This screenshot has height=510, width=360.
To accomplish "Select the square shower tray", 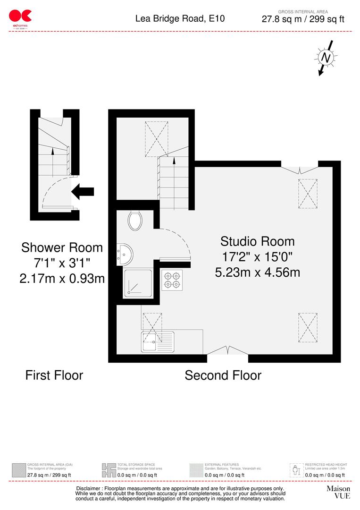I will click(138, 283).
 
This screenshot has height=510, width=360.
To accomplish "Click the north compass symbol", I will click(325, 58).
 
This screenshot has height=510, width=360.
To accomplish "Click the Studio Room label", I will click(257, 241).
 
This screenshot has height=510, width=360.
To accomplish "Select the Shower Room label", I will click(62, 247).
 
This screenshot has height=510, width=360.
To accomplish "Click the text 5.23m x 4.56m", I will click(257, 272).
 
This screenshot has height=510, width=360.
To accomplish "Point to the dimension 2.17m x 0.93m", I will click(62, 279).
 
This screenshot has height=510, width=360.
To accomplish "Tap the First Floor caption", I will click(54, 375).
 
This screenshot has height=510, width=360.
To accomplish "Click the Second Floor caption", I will click(223, 375).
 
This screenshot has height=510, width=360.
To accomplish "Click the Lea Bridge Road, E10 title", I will click(180, 19).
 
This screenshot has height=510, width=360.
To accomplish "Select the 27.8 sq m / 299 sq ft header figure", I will click(303, 19).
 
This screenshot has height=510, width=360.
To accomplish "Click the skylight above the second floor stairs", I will click(156, 138).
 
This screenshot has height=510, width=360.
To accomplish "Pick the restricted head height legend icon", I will click(296, 470).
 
